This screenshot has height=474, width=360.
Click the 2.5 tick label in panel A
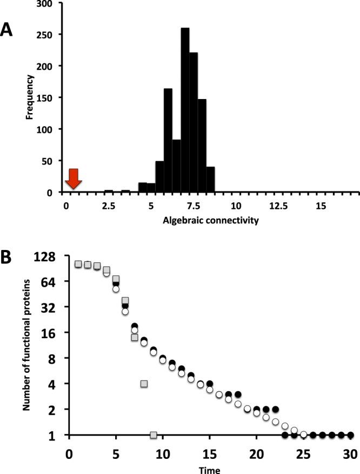pos(108,206)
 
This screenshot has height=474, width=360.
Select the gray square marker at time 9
pos(154,435)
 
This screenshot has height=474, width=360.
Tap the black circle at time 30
pos(350,435)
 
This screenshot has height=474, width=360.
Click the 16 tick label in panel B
pos(50,332)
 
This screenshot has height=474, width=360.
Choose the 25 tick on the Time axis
pos(304,453)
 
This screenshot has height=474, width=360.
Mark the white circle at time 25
pos(304,435)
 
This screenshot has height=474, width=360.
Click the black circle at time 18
pos(238,394)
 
